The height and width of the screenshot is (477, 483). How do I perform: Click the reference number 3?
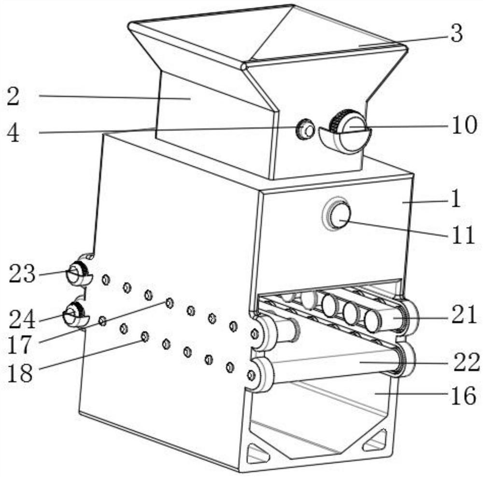pyautogui.click(x=456, y=33)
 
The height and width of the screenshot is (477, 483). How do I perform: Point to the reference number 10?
pyautogui.click(x=464, y=124)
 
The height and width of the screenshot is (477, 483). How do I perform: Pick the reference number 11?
pyautogui.click(x=463, y=235)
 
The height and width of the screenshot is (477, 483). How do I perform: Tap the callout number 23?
pyautogui.click(x=22, y=274)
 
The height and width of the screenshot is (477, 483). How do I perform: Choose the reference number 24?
pyautogui.click(x=22, y=320)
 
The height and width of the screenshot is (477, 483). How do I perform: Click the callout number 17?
pyautogui.click(x=19, y=345)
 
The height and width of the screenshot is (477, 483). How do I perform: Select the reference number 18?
pyautogui.click(x=19, y=373)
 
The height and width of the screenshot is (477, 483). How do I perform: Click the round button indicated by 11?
pyautogui.click(x=339, y=214)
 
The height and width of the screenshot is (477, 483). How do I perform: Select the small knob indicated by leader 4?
pyautogui.click(x=305, y=129)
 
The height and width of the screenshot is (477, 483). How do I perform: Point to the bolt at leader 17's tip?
pyautogui.click(x=169, y=303)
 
